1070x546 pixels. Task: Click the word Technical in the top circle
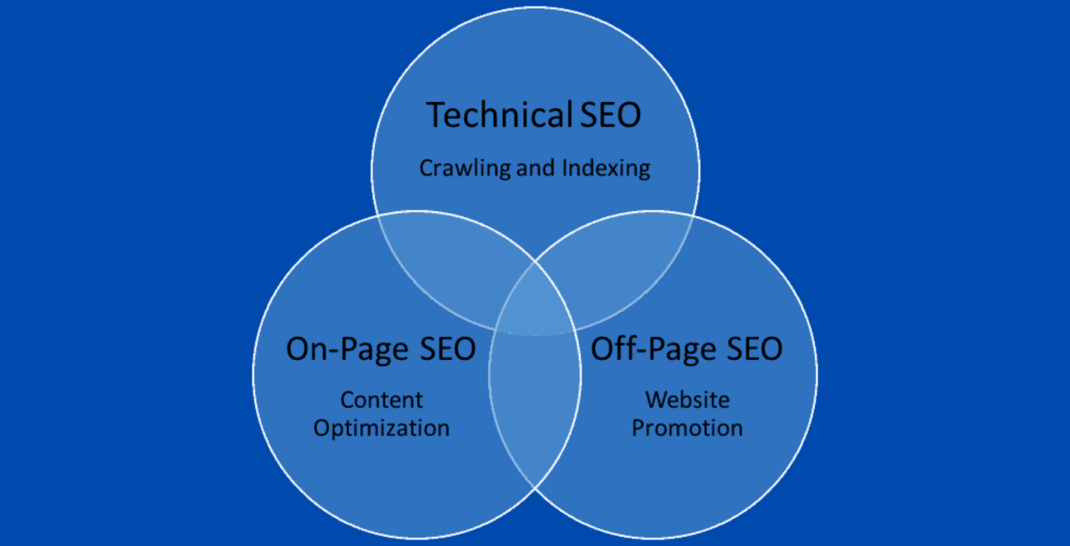point(499,115)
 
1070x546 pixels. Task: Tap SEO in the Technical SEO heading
point(610,115)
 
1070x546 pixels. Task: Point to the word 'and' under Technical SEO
point(536,168)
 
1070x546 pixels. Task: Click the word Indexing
point(606,169)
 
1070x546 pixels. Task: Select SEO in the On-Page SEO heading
point(448,349)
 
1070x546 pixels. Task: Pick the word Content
point(381,400)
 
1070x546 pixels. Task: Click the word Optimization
point(381,428)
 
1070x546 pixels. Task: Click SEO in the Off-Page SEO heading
point(754,349)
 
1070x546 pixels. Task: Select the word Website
point(688,400)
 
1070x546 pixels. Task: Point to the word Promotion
point(688,428)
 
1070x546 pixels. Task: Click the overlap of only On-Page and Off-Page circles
point(535,406)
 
